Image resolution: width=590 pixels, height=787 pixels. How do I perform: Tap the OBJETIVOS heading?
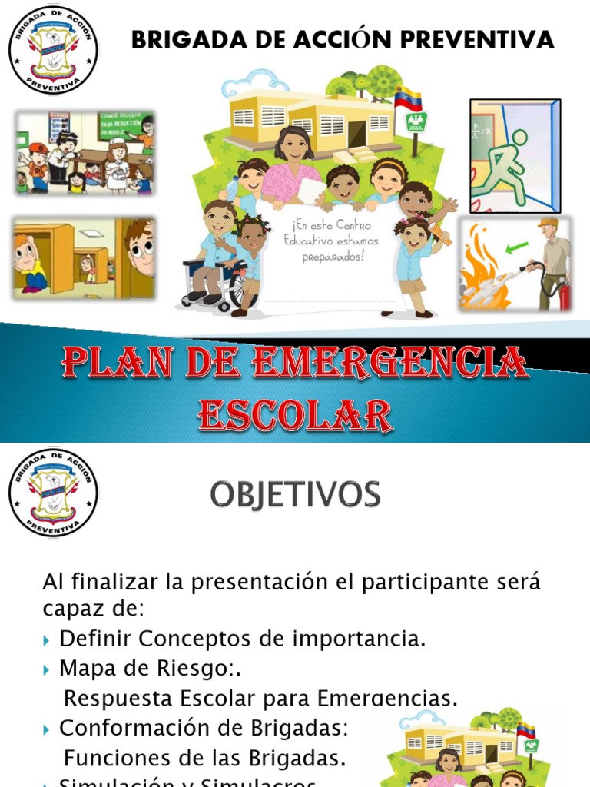pyautogui.click(x=296, y=495)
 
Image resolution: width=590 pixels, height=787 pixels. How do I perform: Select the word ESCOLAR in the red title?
pyautogui.click(x=296, y=417)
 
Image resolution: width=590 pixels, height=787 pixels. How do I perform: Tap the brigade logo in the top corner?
pyautogui.click(x=53, y=50)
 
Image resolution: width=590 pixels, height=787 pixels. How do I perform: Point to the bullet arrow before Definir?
pyautogui.click(x=48, y=639)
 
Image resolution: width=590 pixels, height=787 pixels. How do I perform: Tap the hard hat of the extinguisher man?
pyautogui.click(x=546, y=223)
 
